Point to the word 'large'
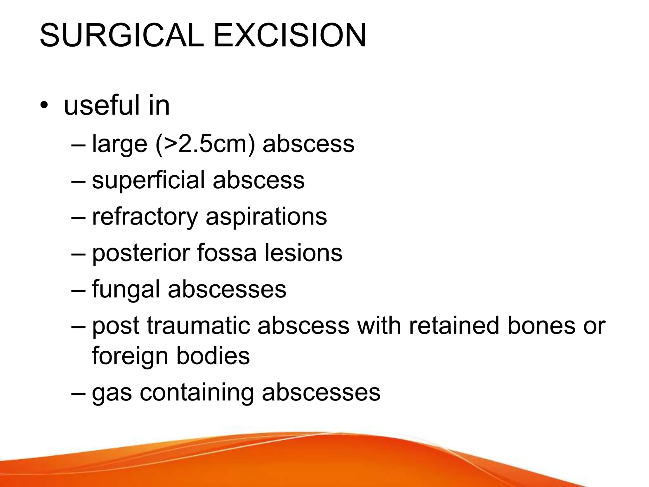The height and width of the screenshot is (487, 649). pos(119,144)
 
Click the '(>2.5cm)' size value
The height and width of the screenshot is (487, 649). pos(205,144)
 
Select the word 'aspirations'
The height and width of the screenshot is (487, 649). pos(266,217)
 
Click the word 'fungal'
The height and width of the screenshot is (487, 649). pos(126,290)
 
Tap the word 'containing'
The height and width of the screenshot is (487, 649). pos(197,393)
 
